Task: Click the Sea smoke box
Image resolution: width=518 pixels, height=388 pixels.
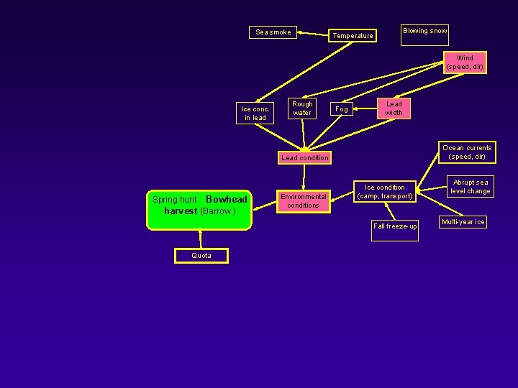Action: click(x=273, y=32)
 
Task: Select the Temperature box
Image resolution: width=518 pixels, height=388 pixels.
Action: click(x=353, y=36)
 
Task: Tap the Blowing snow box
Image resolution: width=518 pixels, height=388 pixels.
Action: click(x=425, y=35)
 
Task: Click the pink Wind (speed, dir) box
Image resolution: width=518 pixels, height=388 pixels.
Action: click(x=465, y=63)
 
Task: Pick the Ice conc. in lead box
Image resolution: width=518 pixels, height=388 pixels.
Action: click(x=255, y=114)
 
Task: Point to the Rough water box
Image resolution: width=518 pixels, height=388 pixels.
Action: click(x=302, y=108)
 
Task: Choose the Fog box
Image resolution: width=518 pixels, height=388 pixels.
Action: click(x=342, y=109)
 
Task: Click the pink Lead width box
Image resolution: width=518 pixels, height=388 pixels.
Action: click(x=394, y=108)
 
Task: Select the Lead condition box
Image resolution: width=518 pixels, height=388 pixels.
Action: click(x=304, y=157)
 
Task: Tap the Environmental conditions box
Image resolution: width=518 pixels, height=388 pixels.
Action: click(x=304, y=201)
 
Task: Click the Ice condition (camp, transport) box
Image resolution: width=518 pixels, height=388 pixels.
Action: click(x=385, y=192)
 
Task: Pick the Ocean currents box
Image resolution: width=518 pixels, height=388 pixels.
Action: click(x=467, y=152)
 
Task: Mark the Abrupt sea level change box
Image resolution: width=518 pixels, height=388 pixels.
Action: click(x=471, y=187)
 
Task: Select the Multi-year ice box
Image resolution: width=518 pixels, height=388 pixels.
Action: click(x=463, y=222)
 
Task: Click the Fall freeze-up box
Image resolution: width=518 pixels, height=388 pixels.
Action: click(x=395, y=231)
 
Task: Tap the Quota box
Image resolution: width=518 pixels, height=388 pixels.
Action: click(x=201, y=256)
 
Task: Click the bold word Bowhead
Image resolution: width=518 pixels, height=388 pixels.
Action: click(x=227, y=199)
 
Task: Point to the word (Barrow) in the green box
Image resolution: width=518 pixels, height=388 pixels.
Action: click(x=218, y=211)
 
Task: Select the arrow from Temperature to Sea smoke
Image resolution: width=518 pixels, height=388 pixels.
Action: click(x=313, y=34)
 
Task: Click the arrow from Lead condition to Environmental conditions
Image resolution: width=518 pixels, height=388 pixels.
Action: click(x=304, y=177)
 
